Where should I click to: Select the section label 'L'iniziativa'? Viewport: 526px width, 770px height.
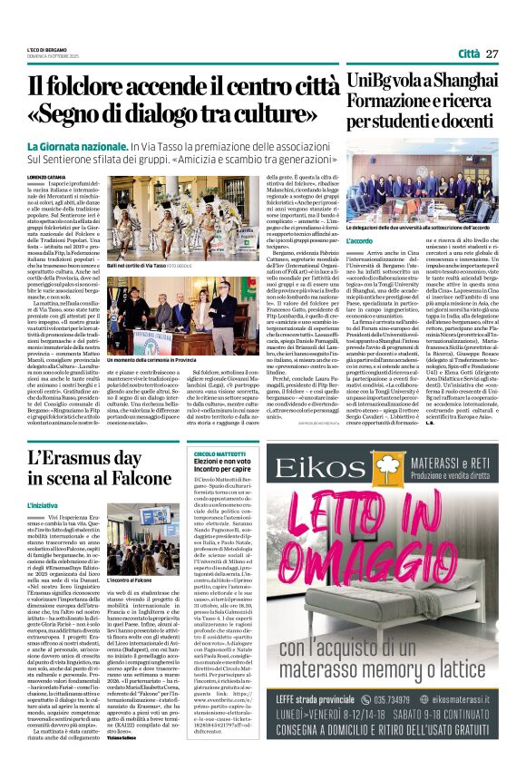pos(43,504)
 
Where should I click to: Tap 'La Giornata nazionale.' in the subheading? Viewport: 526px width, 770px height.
pos(83,145)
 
